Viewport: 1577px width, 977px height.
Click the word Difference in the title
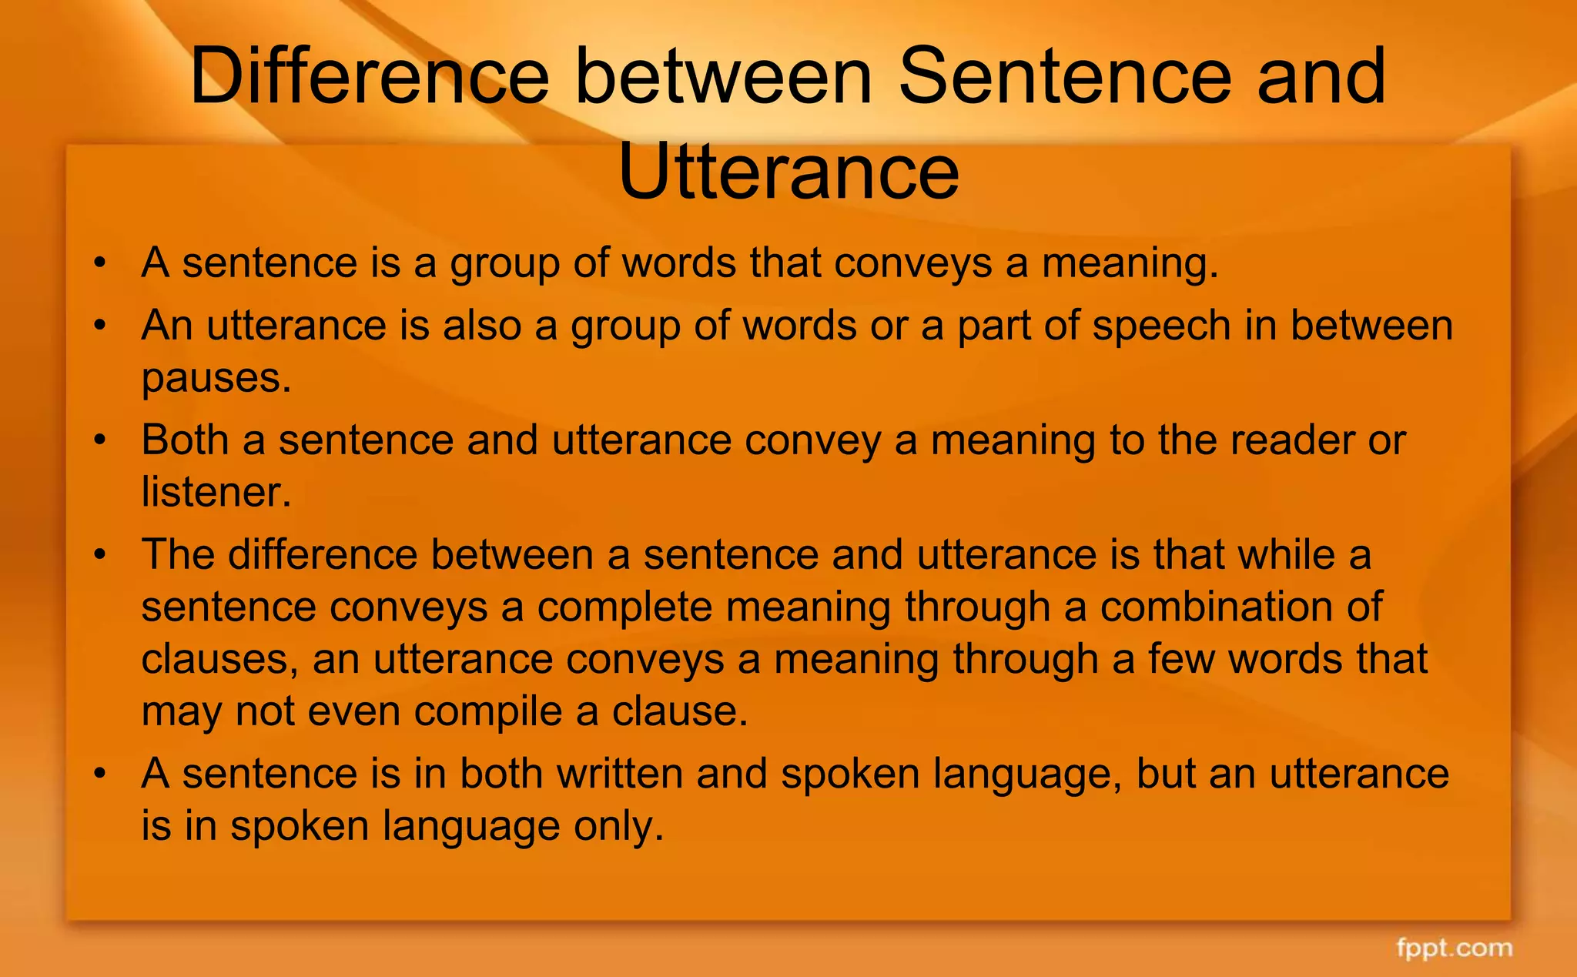coord(370,77)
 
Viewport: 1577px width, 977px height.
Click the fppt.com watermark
coord(1454,948)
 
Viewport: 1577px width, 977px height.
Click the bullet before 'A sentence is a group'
coord(99,264)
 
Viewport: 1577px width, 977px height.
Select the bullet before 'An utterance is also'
coord(99,326)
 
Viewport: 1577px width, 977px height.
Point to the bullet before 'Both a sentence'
coord(99,441)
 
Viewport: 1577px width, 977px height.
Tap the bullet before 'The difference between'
coord(99,556)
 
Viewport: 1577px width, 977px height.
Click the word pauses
coord(216,379)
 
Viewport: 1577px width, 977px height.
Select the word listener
coord(216,492)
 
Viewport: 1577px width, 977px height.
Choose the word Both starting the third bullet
coord(185,440)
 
